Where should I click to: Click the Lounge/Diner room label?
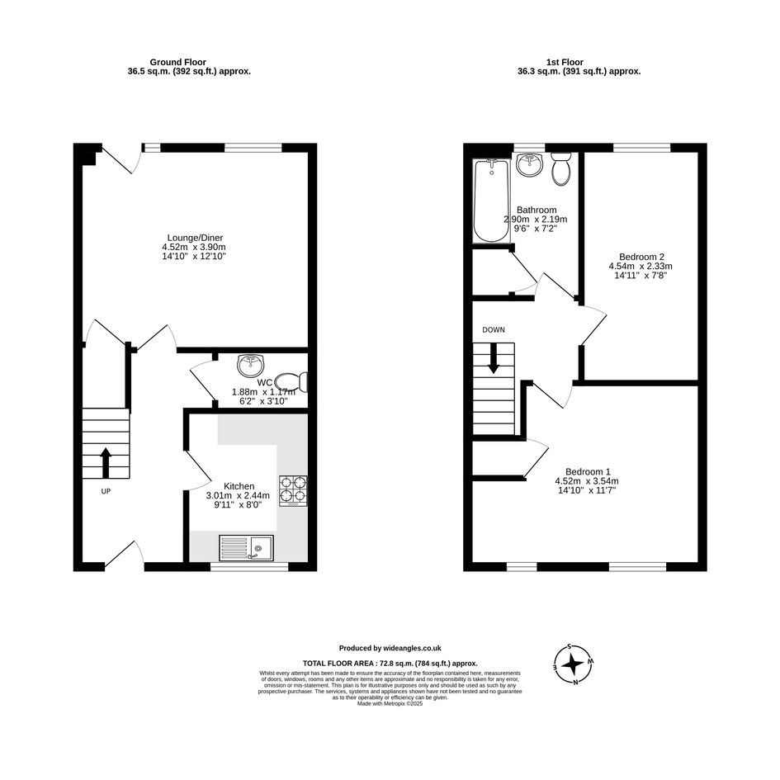pos(195,238)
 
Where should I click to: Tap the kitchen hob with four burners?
pos(293,491)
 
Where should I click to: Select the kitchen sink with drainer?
pos(246,548)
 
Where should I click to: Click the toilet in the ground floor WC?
pos(291,382)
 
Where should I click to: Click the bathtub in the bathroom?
pos(491,201)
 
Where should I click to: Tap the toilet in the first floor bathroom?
pos(561,168)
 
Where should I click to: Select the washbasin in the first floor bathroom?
pos(530,164)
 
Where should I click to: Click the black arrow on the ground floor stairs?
pos(106,463)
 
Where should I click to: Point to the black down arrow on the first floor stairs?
pos(493,358)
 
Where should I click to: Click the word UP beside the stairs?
pos(106,491)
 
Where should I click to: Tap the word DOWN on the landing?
pos(494,330)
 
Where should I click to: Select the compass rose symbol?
pos(574,664)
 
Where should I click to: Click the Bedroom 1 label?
pos(588,471)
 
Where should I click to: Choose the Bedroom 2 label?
pos(641,257)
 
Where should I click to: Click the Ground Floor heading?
pos(177,62)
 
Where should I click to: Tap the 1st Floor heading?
pos(565,62)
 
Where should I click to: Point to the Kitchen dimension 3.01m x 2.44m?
pos(238,495)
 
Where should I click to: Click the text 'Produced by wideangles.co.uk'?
pos(390,648)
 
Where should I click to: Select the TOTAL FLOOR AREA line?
pos(390,663)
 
